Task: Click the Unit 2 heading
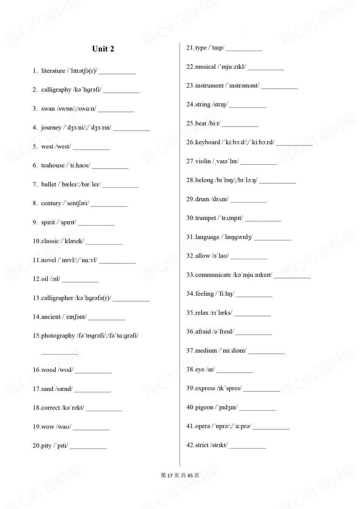pyautogui.click(x=103, y=49)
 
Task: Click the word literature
pyautogui.click(x=53, y=71)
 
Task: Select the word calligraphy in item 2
pyautogui.click(x=56, y=90)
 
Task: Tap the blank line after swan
pyautogui.click(x=116, y=111)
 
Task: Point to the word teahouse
pyautogui.click(x=53, y=165)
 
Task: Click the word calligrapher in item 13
pyautogui.click(x=57, y=298)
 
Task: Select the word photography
pyautogui.click(x=58, y=336)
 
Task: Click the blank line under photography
pyautogui.click(x=59, y=353)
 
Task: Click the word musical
pyautogui.click(x=205, y=67)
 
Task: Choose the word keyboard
pyautogui.click(x=208, y=142)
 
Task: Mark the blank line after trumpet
pyautogui.click(x=263, y=220)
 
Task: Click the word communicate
pyautogui.click(x=213, y=275)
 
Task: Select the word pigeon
pyautogui.click(x=204, y=407)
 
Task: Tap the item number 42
pyautogui.click(x=190, y=445)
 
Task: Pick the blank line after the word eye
pyautogui.click(x=234, y=372)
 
